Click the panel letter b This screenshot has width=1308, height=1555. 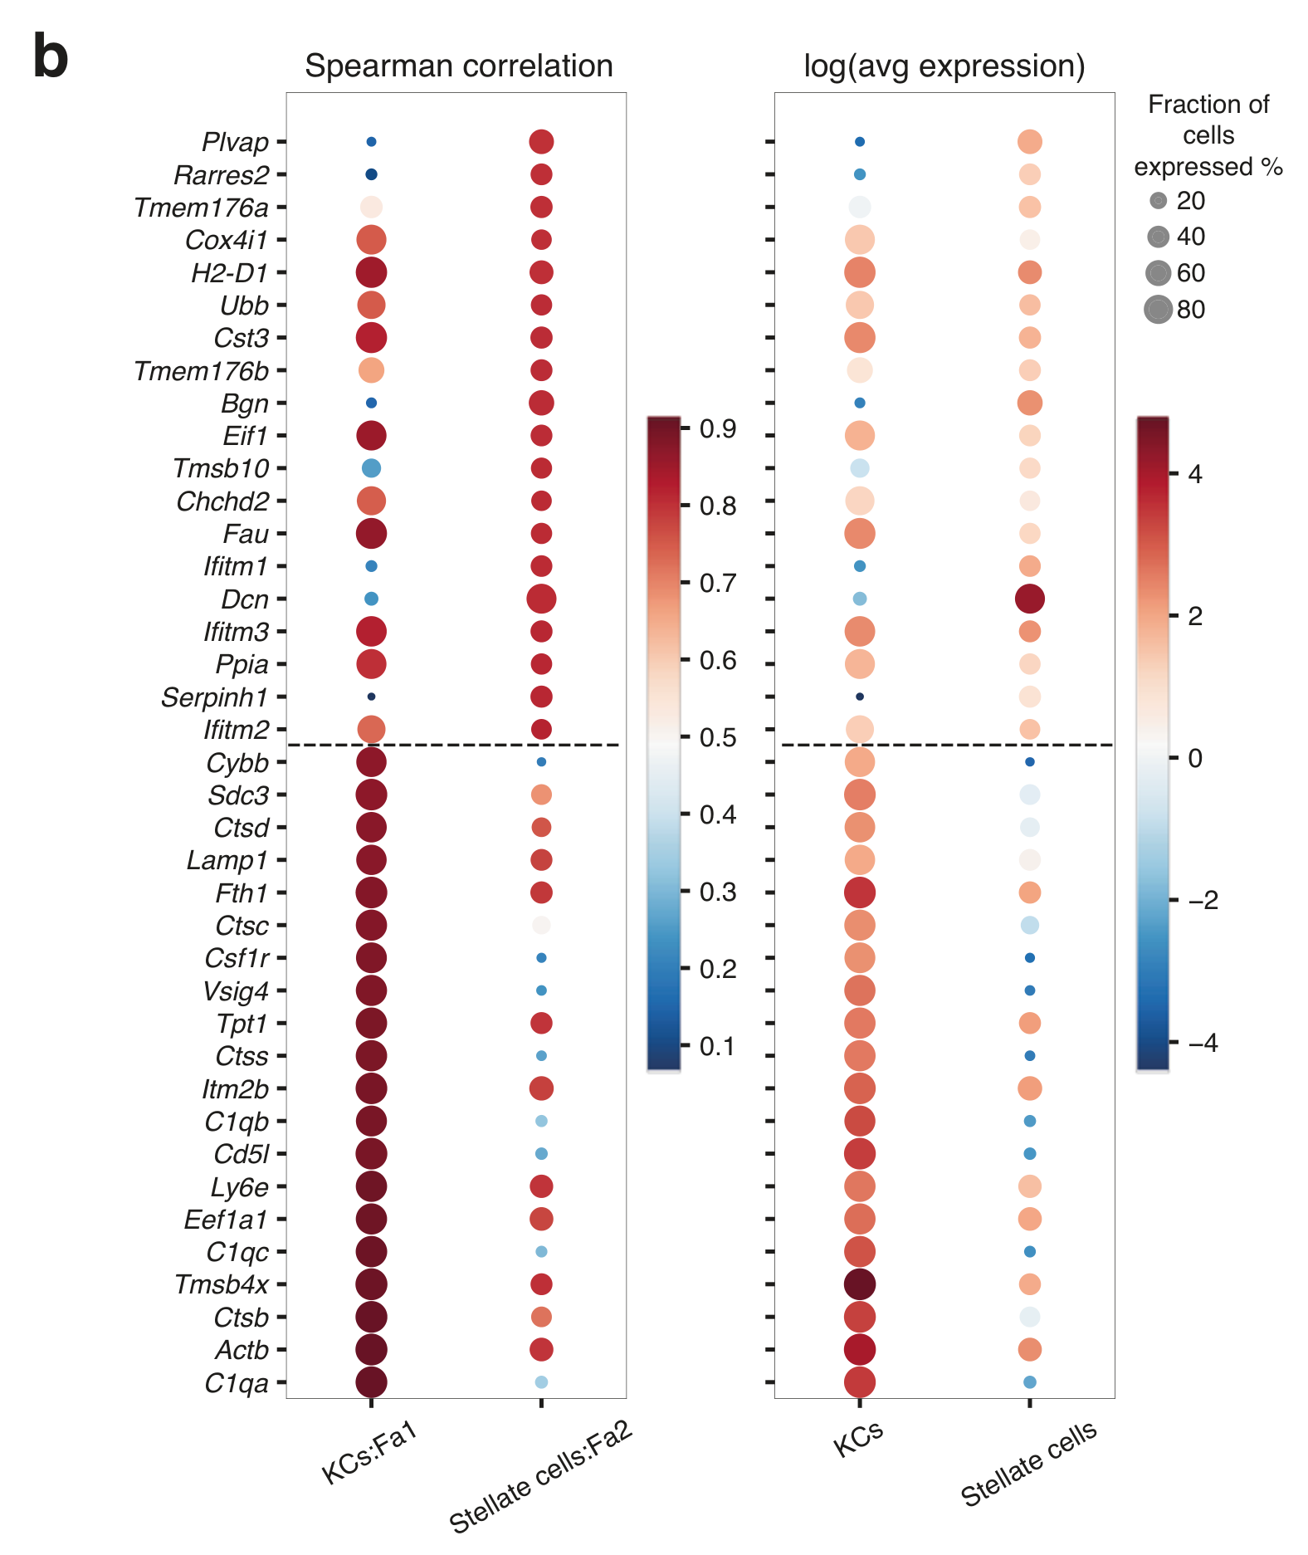pos(50,56)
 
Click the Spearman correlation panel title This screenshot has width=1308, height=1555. pos(458,66)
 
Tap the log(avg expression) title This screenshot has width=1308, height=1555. pos(944,66)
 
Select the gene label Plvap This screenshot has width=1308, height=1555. pos(235,142)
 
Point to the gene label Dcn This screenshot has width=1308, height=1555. pos(245,599)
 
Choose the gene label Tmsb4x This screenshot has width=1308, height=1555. pos(222,1284)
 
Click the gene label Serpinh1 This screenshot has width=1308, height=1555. pos(214,697)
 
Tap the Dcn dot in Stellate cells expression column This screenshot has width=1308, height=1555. pos(1029,599)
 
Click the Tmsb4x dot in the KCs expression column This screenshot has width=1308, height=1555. pos(860,1284)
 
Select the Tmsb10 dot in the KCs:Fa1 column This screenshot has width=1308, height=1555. pos(371,468)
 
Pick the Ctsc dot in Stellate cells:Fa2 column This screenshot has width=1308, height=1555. pos(541,925)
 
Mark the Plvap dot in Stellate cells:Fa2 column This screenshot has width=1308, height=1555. pos(541,142)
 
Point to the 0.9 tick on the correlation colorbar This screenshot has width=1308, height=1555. pos(717,428)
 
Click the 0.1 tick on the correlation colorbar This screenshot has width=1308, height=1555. pos(717,1046)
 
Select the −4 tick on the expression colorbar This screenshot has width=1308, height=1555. pos(1202,1043)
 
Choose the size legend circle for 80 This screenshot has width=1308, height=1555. pos(1158,310)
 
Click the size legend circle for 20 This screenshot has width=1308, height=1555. pos(1159,201)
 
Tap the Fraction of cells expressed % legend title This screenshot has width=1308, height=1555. pos(1208,135)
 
